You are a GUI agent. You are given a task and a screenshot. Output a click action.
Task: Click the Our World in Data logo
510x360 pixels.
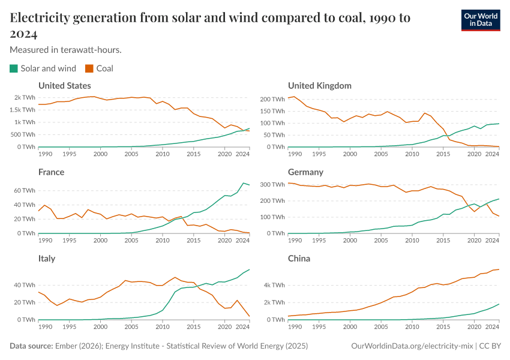coord(481,20)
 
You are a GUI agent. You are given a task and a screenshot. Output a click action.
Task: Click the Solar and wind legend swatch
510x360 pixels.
coord(14,68)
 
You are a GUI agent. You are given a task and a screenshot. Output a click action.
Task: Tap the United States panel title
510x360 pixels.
coord(64,86)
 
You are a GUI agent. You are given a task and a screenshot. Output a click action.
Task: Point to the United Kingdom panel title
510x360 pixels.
coord(319,86)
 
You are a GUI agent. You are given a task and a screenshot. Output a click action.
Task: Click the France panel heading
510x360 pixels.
coord(51,172)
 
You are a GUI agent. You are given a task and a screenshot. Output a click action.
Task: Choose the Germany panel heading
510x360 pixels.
coord(305,172)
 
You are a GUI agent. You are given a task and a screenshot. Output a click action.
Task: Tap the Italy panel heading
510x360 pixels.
coord(47,259)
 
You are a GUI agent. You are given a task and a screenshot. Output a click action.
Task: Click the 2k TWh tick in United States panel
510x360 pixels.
coord(25,97)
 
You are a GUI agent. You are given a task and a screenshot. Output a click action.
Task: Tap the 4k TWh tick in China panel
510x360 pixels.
coord(275,284)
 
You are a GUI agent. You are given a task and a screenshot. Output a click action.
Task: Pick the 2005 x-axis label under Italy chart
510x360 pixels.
coord(131,326)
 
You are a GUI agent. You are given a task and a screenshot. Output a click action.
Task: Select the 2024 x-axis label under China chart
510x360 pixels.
coord(492,326)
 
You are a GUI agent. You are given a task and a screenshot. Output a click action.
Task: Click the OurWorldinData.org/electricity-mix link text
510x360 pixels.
coord(413,346)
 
